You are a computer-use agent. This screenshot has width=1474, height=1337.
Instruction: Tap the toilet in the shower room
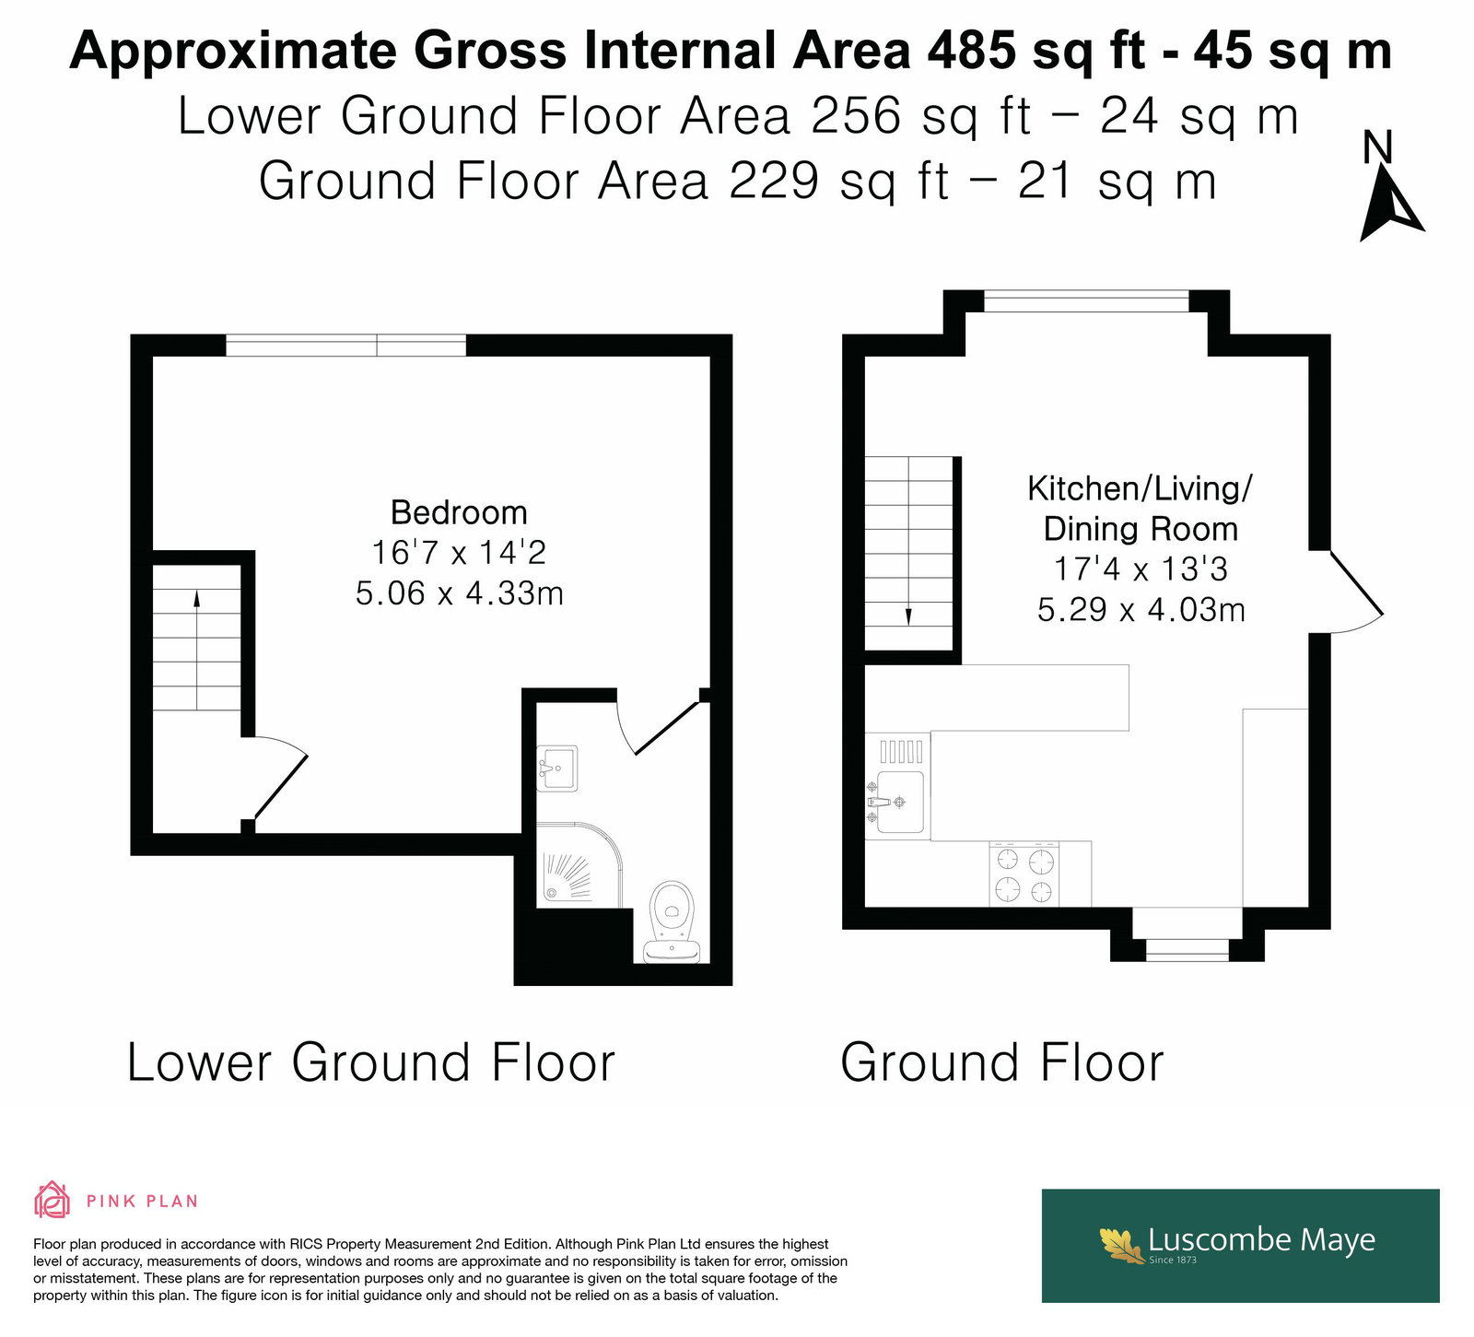pos(672,922)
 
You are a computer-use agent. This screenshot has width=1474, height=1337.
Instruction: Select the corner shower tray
pos(579,862)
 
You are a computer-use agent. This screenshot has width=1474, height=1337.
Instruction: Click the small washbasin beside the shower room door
pos(556,768)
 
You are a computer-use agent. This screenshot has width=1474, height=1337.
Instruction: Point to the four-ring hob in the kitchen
pos(1024,874)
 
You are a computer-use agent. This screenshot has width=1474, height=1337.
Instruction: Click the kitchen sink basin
pos(898,802)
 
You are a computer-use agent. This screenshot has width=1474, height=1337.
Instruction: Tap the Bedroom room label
pos(459,512)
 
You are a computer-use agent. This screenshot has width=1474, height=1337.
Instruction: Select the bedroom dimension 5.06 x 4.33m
pos(459,593)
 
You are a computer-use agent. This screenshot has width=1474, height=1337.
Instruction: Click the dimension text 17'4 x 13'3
pos(1141,569)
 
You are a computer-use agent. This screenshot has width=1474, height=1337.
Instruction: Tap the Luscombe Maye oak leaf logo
pos(1121,1244)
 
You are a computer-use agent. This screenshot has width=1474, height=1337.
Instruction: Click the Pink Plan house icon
pos(52,1200)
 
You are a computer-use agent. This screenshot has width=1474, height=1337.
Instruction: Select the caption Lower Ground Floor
pos(371,1062)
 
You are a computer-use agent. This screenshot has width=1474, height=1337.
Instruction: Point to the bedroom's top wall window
pos(346,346)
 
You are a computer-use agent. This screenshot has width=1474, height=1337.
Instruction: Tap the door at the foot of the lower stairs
pos(279,777)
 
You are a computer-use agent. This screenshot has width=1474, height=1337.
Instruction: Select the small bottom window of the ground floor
pos(1187,949)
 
